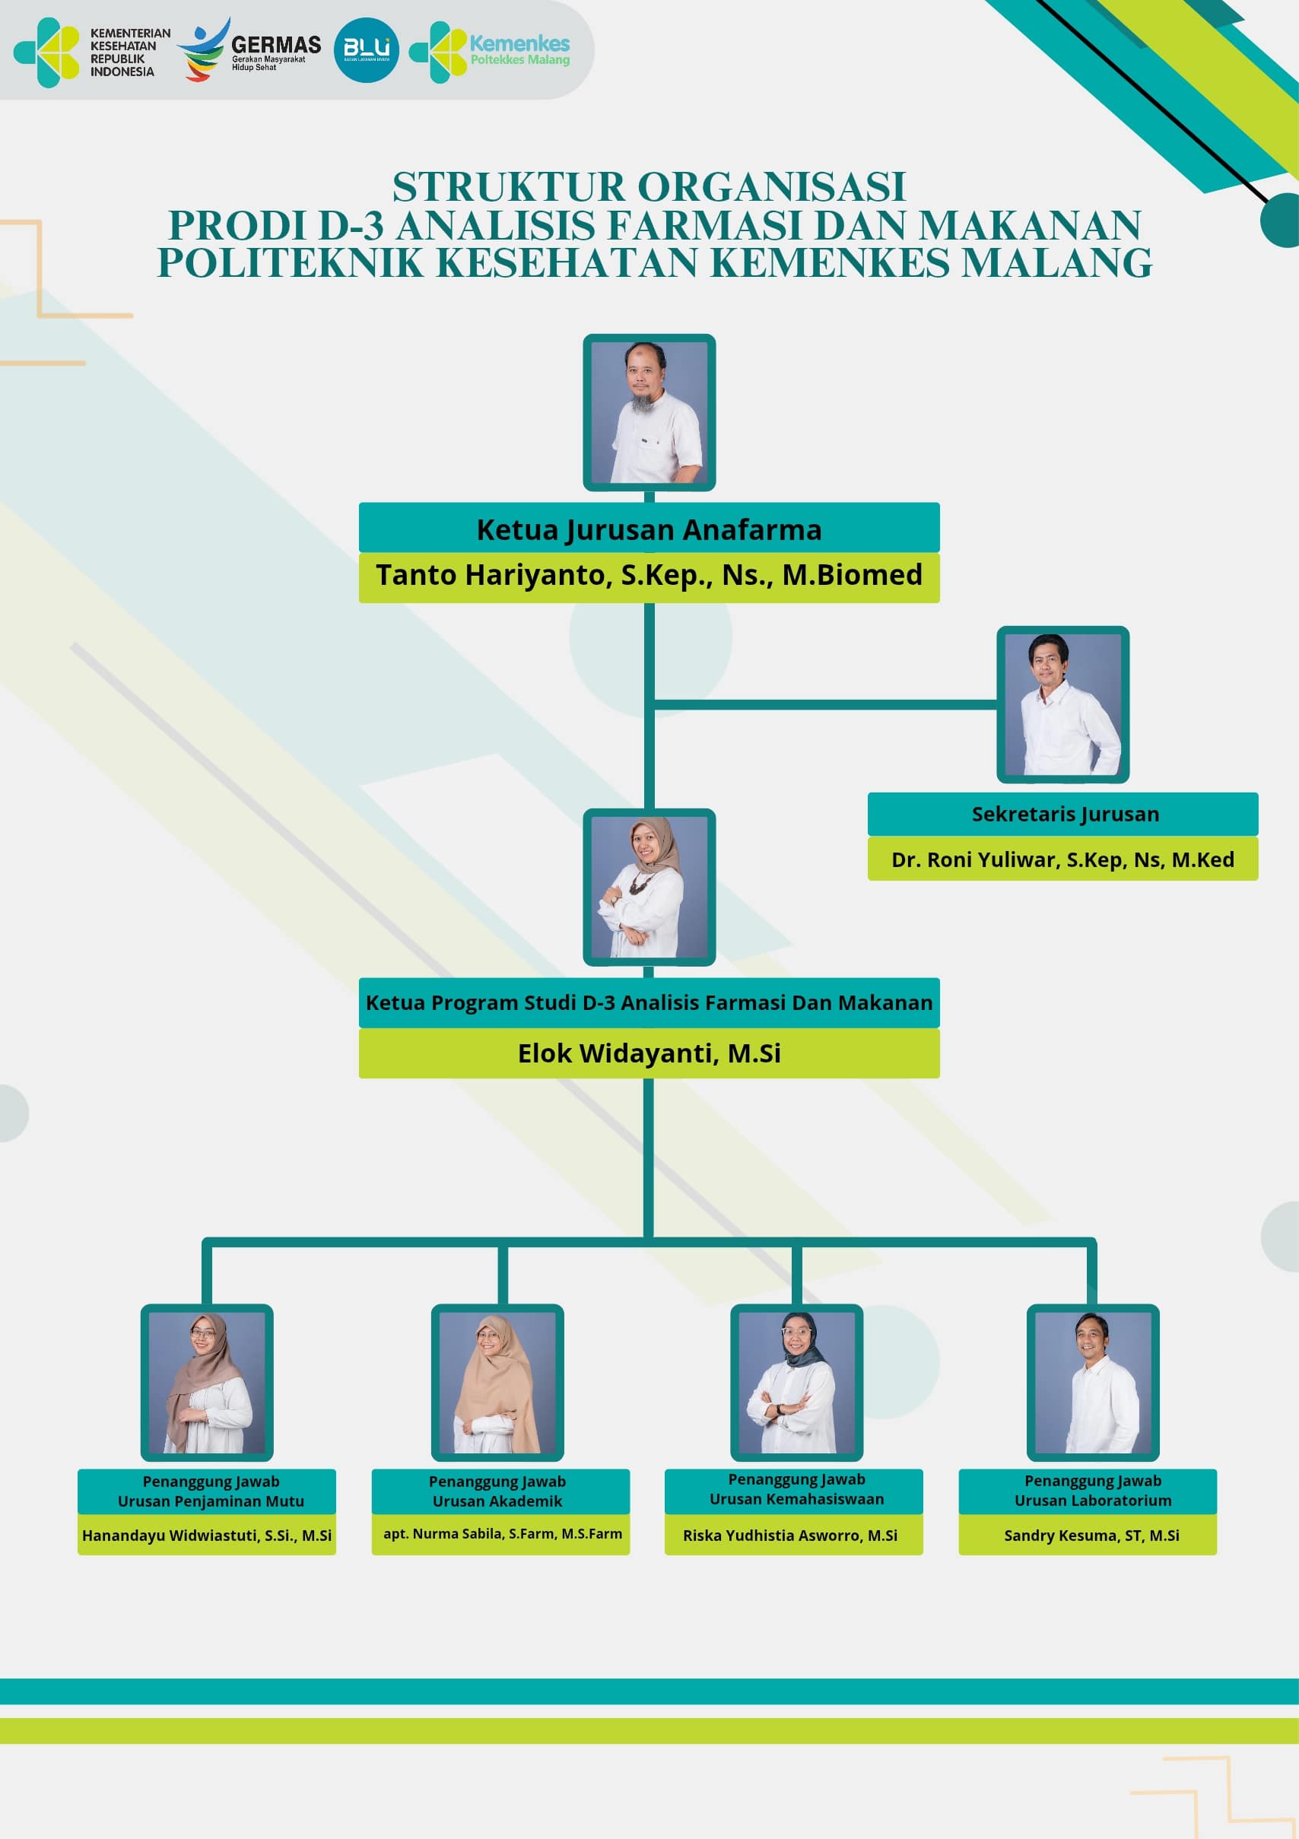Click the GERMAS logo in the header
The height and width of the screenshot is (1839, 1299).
pos(249,49)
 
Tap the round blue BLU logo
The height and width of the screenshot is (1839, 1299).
pos(366,49)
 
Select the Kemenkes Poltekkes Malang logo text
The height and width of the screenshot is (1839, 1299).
pos(519,49)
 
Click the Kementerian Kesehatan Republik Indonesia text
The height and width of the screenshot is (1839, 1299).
pos(130,52)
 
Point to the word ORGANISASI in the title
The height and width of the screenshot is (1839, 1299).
pos(772,186)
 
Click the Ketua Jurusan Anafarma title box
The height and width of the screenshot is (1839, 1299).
pos(649,528)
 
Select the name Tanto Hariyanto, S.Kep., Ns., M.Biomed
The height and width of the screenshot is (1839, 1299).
pos(649,575)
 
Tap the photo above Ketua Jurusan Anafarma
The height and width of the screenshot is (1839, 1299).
pos(649,411)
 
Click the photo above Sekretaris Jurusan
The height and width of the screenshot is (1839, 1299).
pos(1062,704)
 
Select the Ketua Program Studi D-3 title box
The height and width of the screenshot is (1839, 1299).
pos(649,1002)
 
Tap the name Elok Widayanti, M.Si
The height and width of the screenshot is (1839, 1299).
pos(649,1053)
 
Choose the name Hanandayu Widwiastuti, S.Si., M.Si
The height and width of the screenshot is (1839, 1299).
pos(207,1536)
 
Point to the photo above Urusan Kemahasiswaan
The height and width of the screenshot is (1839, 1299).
pos(796,1382)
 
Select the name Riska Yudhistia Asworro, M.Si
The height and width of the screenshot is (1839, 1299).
pos(789,1536)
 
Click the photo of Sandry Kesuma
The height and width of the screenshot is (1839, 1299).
pos(1092,1382)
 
